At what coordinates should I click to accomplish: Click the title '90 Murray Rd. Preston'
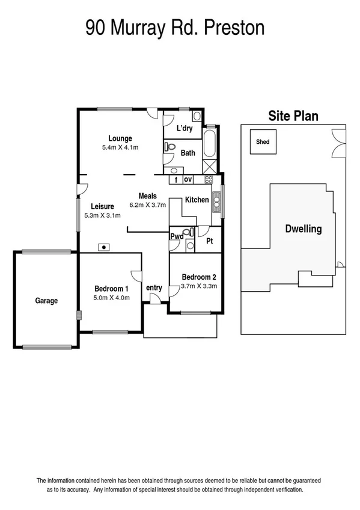pyautogui.click(x=175, y=27)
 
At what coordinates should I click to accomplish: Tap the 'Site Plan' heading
pyautogui.click(x=293, y=116)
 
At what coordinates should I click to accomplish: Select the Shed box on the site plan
pyautogui.click(x=263, y=143)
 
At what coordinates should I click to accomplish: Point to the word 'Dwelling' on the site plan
pyautogui.click(x=303, y=229)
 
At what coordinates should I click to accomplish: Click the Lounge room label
pyautogui.click(x=120, y=138)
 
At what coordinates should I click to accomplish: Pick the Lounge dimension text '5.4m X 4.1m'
pyautogui.click(x=120, y=147)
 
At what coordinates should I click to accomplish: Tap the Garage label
pyautogui.click(x=46, y=301)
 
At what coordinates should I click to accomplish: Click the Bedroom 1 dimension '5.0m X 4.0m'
pyautogui.click(x=111, y=297)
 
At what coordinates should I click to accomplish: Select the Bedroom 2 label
pyautogui.click(x=199, y=277)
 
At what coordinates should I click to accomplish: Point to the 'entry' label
pyautogui.click(x=154, y=288)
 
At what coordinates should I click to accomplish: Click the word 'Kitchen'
pyautogui.click(x=197, y=200)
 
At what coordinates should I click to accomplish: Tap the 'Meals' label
pyautogui.click(x=147, y=196)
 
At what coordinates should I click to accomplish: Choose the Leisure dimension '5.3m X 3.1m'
pyautogui.click(x=103, y=215)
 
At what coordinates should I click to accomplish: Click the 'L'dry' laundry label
pyautogui.click(x=183, y=129)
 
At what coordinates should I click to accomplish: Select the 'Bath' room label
pyautogui.click(x=188, y=153)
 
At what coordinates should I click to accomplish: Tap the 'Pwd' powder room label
pyautogui.click(x=176, y=236)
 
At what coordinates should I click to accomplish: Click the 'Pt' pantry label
pyautogui.click(x=209, y=241)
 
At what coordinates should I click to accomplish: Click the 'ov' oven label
pyautogui.click(x=188, y=179)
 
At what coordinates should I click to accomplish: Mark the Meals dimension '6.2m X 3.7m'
pyautogui.click(x=147, y=205)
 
